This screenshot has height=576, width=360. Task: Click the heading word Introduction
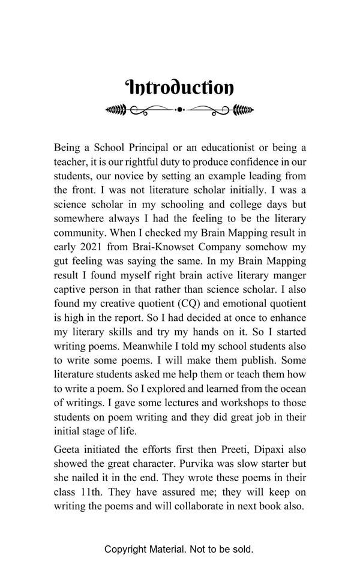(179, 88)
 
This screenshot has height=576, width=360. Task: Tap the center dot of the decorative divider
(179, 110)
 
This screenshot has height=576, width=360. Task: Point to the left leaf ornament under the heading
(116, 110)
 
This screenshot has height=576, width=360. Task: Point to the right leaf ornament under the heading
(243, 110)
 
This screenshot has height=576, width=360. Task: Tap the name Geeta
(68, 449)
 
